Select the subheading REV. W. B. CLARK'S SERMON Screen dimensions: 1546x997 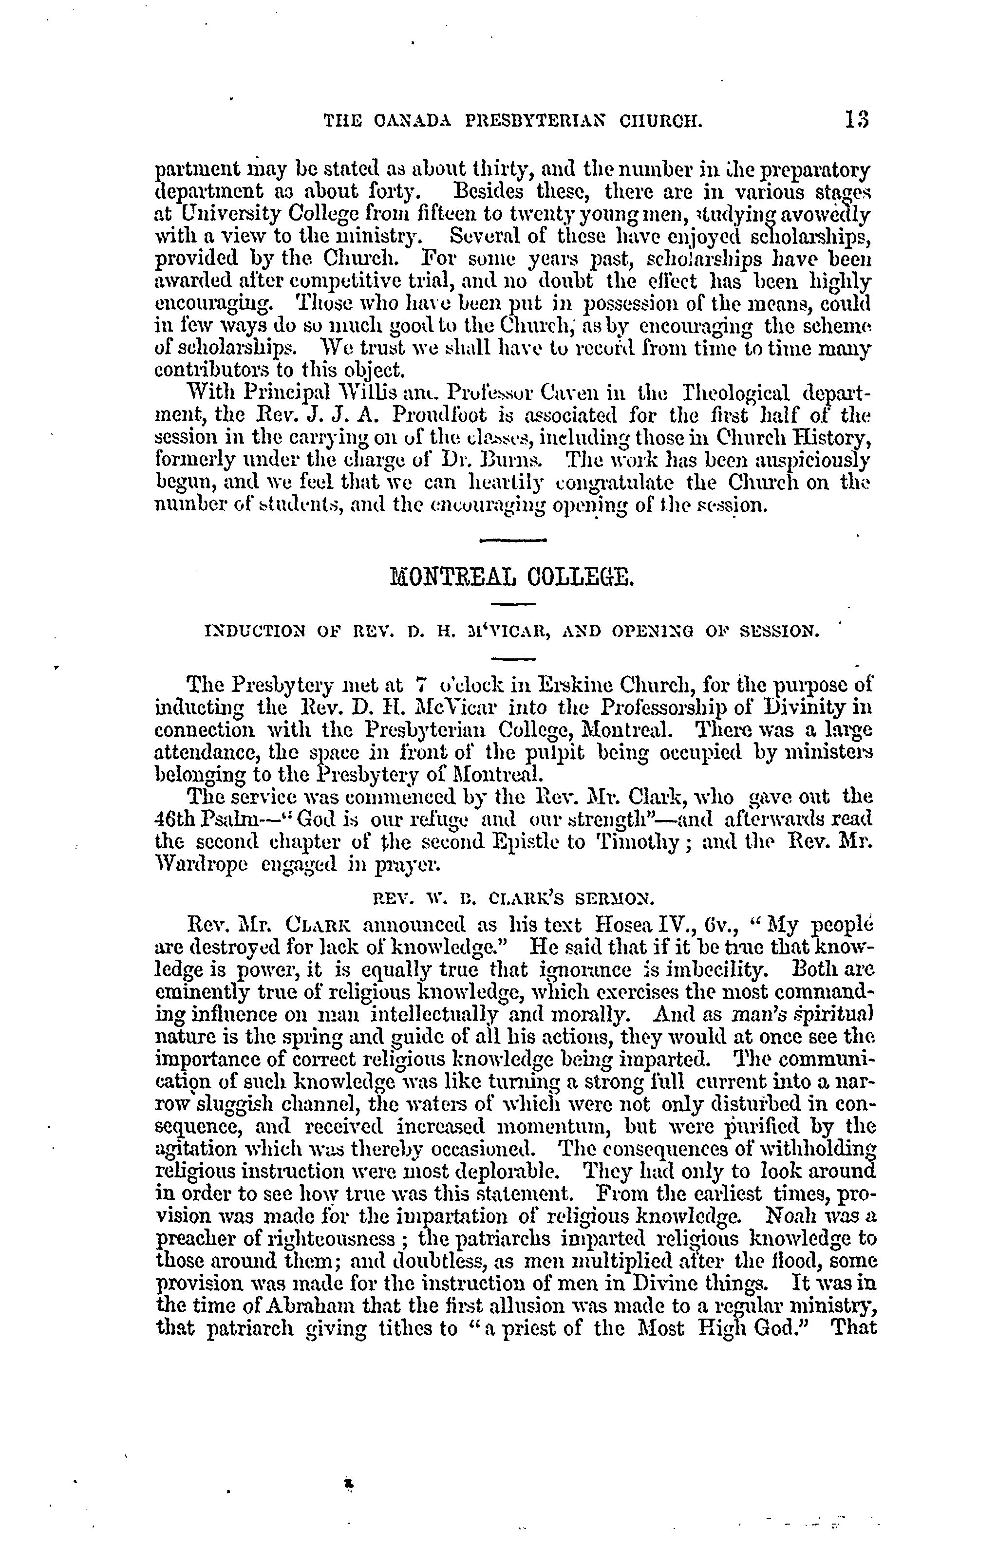tap(511, 898)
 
